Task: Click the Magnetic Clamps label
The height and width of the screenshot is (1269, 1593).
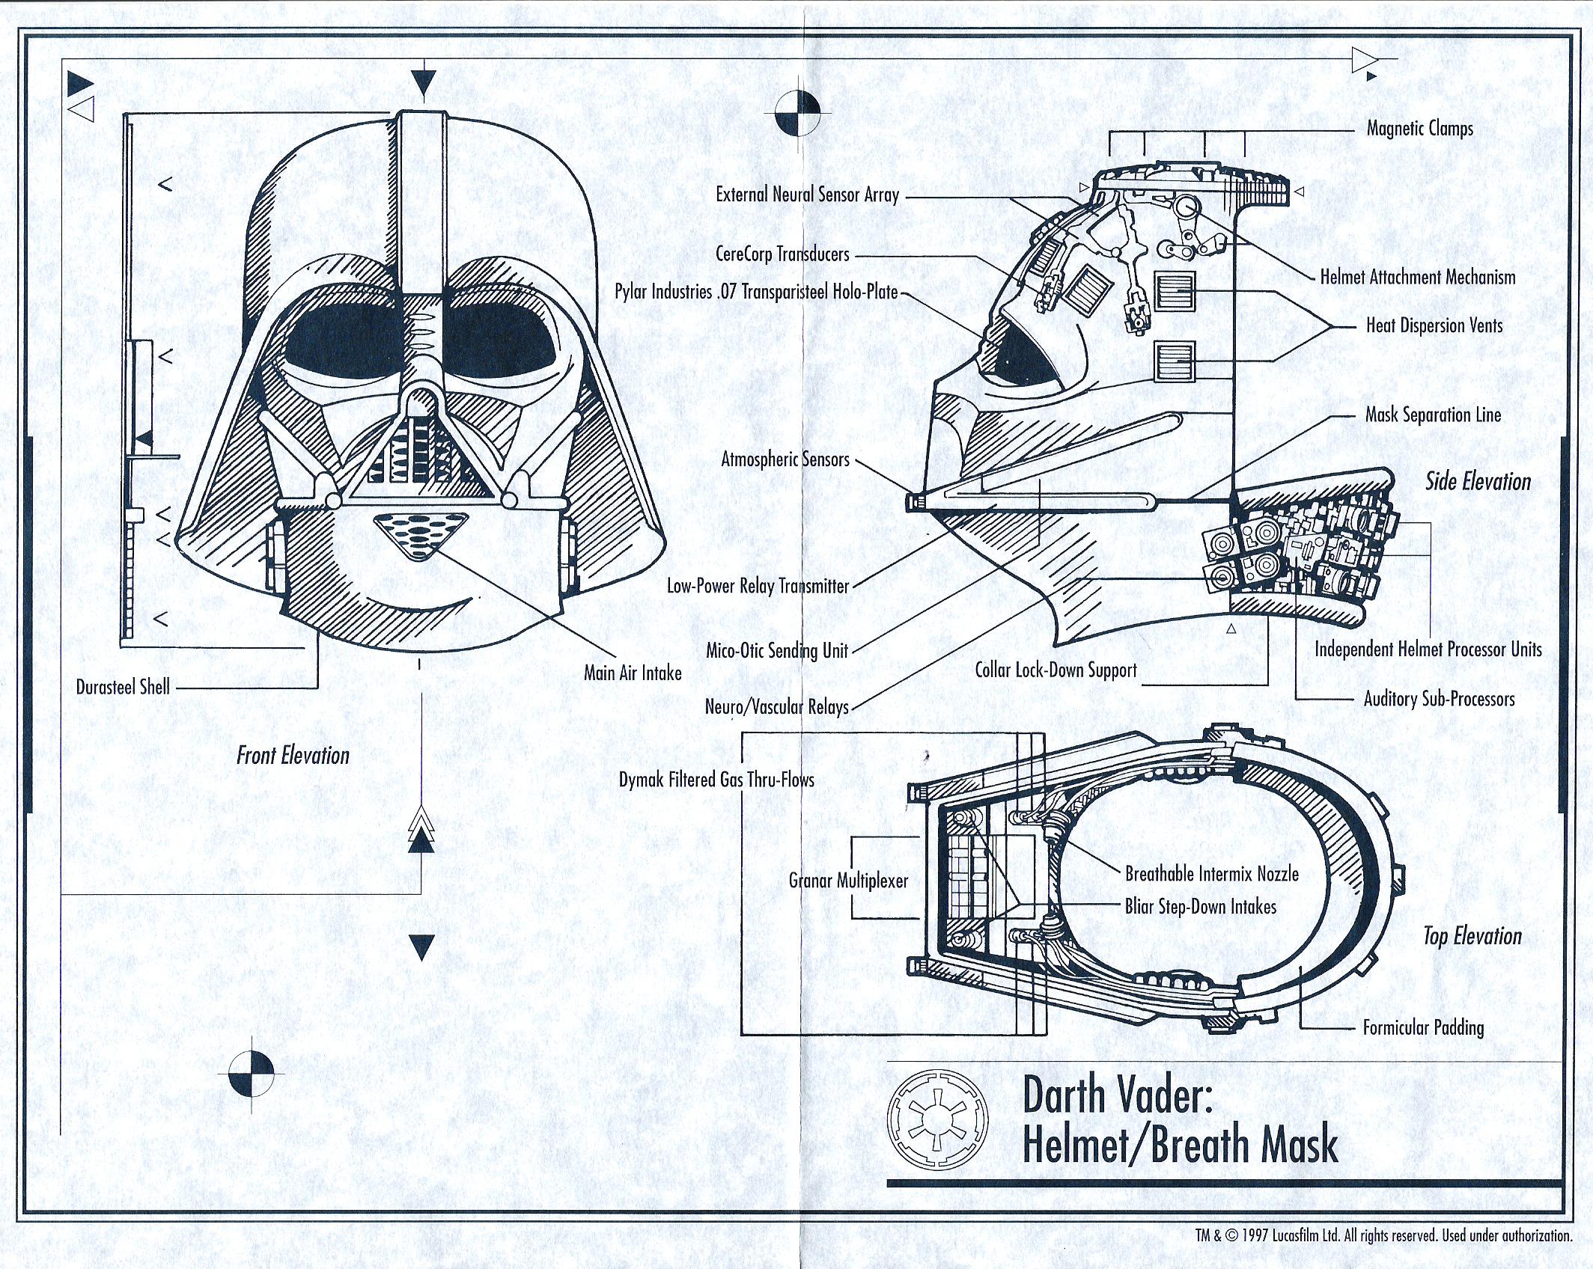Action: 1419,129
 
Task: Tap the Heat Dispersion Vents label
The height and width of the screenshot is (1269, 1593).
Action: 1434,325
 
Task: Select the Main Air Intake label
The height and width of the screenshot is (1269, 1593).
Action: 633,673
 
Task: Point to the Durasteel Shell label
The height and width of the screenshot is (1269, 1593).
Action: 123,687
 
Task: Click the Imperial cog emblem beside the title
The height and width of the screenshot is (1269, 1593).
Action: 936,1120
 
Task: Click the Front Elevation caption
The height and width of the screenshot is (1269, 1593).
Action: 293,755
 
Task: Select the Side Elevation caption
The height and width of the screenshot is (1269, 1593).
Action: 1478,481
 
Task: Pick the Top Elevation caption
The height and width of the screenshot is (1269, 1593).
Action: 1472,936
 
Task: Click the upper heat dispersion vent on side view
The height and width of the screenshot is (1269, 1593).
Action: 1175,291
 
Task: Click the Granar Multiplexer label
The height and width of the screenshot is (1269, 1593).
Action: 848,881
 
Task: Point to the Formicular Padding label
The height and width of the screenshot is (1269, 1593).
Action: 1422,1027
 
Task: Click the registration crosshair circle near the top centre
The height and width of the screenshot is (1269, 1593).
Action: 796,114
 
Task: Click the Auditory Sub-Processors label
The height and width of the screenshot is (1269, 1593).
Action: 1438,699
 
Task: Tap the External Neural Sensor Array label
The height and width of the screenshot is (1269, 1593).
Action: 807,195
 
